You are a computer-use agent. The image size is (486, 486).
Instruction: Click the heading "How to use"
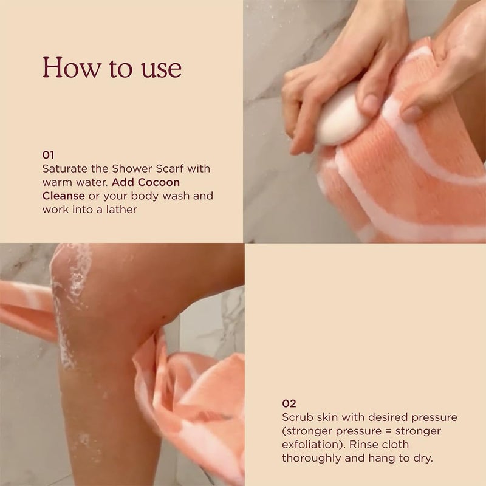(112, 67)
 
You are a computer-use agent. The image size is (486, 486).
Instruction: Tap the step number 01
(48, 154)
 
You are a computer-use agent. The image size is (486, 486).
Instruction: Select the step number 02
(289, 403)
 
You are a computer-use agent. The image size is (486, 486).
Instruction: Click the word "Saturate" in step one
(63, 168)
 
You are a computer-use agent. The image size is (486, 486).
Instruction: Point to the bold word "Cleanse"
(63, 196)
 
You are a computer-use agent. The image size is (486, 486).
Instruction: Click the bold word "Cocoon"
(159, 182)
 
